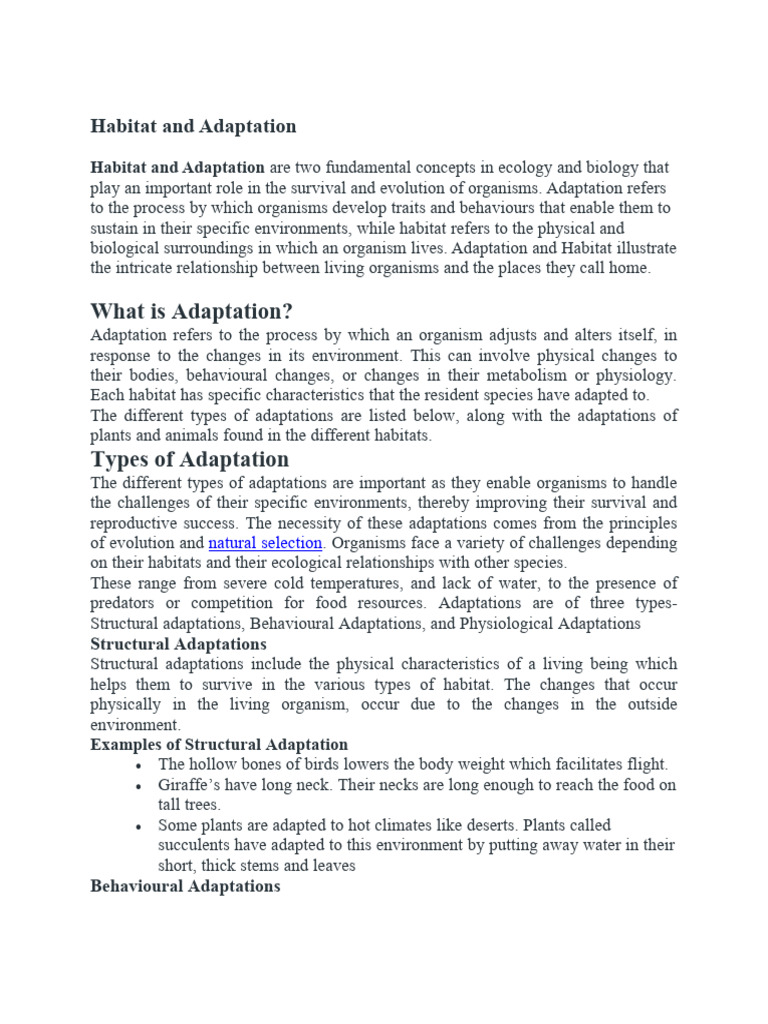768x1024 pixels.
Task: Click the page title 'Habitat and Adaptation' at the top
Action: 193,126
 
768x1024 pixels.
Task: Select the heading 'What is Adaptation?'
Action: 191,310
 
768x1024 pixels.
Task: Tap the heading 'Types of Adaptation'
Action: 190,459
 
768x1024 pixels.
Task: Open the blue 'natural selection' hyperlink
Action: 265,543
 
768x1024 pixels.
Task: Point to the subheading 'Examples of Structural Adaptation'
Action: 219,744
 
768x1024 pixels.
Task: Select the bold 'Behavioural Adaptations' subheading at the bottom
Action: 185,886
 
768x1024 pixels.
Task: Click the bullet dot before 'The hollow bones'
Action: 136,765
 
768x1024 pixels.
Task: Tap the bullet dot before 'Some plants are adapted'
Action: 136,826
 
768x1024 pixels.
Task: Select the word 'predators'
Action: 125,603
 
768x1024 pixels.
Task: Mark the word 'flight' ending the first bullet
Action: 645,765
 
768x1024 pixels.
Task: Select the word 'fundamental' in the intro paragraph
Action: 375,167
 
